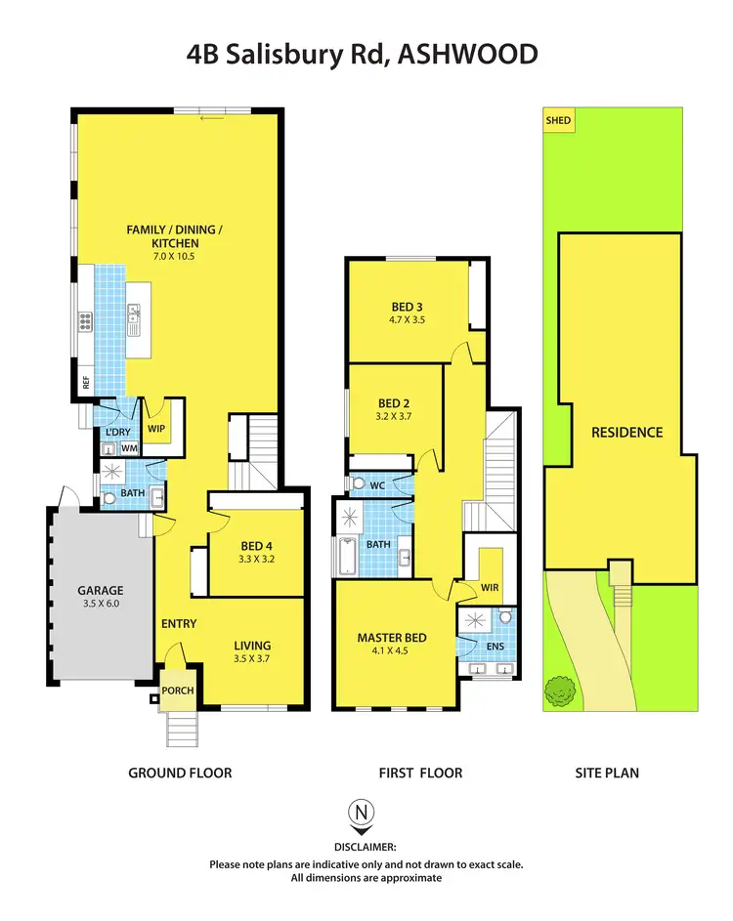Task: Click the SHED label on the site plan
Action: (558, 121)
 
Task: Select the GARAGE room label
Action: (102, 590)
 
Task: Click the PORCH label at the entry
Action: (178, 691)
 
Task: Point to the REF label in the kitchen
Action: (86, 384)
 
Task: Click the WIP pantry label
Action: (156, 428)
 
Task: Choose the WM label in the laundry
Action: (129, 448)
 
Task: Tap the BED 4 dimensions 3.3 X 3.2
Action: (256, 561)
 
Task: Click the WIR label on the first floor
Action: (491, 587)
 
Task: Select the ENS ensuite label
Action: (495, 647)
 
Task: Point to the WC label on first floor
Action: (378, 483)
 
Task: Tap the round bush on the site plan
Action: (560, 691)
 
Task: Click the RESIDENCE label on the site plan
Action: (626, 432)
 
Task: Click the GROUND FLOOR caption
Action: (180, 773)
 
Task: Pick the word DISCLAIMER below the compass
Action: (366, 848)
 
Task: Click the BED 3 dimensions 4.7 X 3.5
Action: (407, 319)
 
